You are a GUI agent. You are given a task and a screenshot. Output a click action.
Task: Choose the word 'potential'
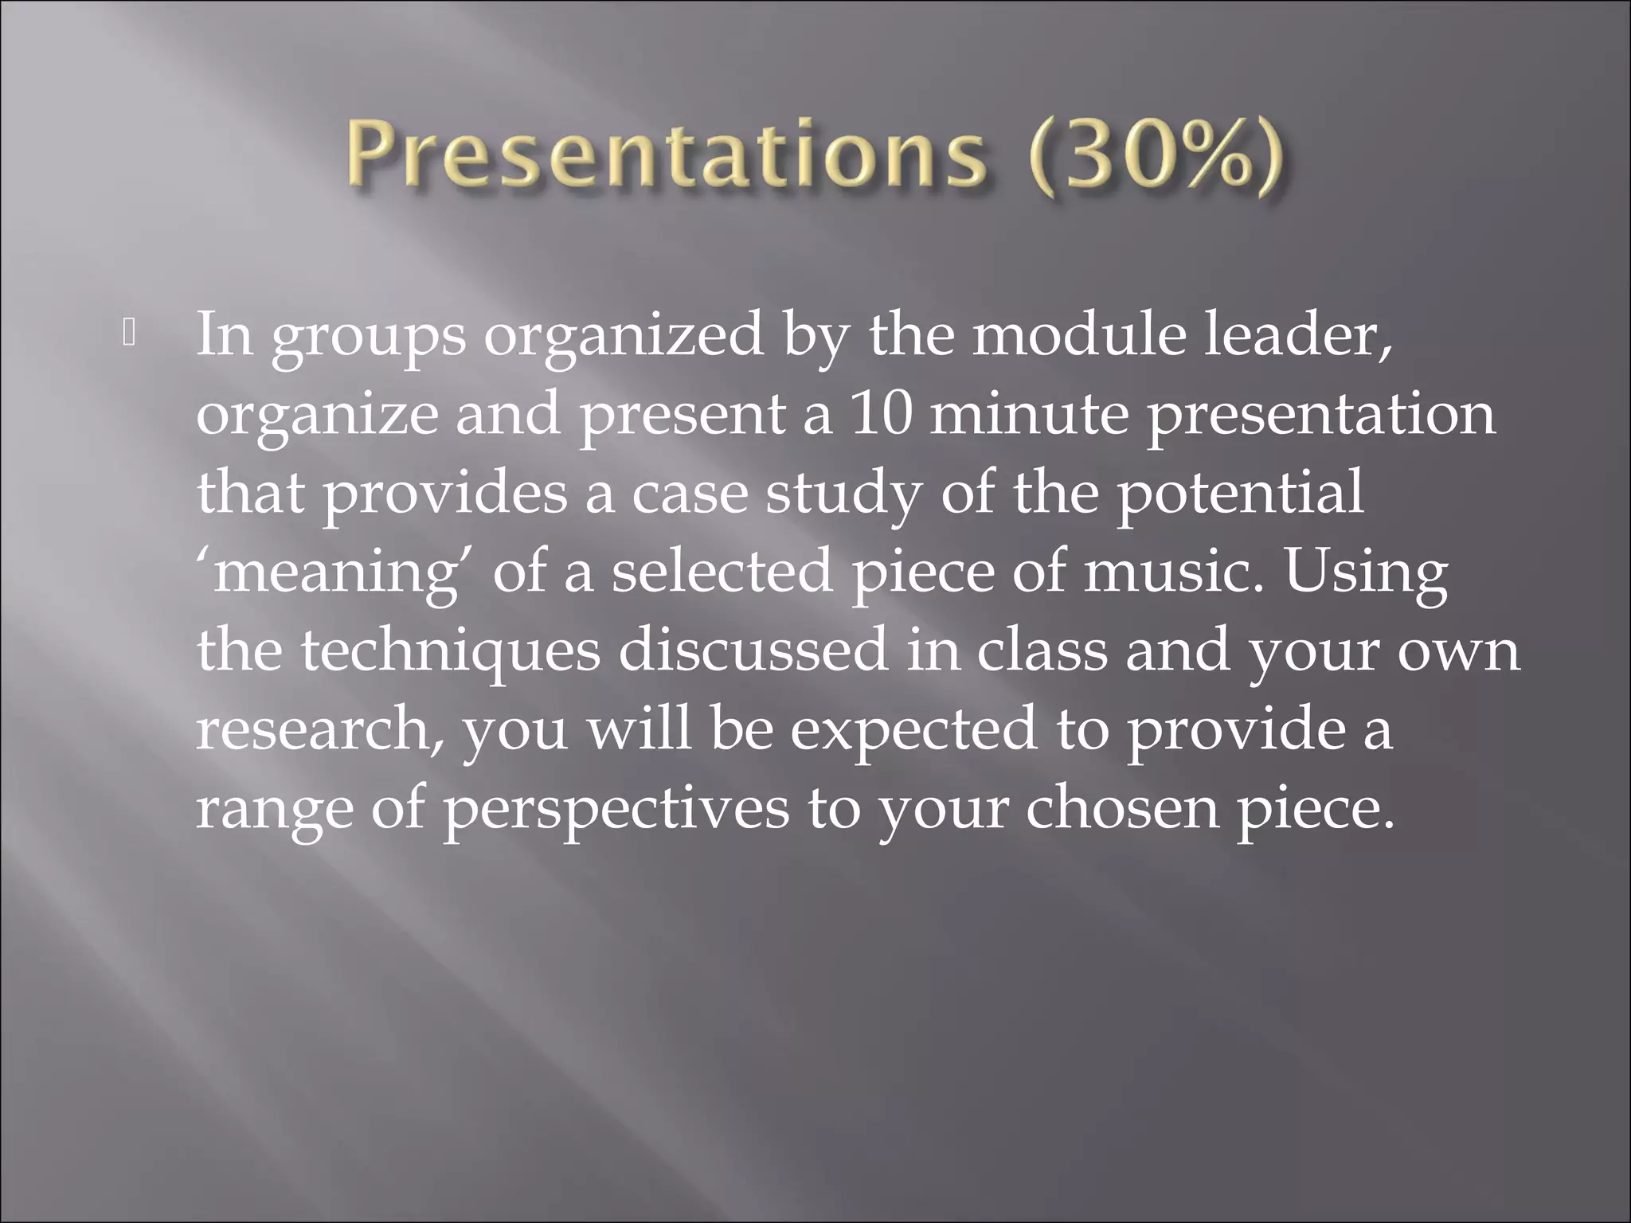tap(1239, 493)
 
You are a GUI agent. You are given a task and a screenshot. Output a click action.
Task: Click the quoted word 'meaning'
tap(335, 572)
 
